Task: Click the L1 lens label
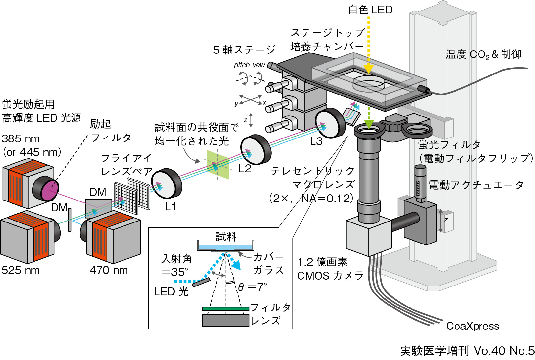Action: (170, 207)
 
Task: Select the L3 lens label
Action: (316, 141)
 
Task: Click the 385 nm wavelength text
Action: (20, 139)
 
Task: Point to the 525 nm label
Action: (20, 270)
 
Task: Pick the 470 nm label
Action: (109, 270)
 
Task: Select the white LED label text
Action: (370, 10)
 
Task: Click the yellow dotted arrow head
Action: (368, 69)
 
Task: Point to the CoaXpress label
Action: (472, 326)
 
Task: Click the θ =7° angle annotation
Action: (252, 287)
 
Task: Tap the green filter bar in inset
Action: (225, 308)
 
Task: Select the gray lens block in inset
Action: (225, 321)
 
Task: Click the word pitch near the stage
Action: (242, 65)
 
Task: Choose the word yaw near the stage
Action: (259, 65)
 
